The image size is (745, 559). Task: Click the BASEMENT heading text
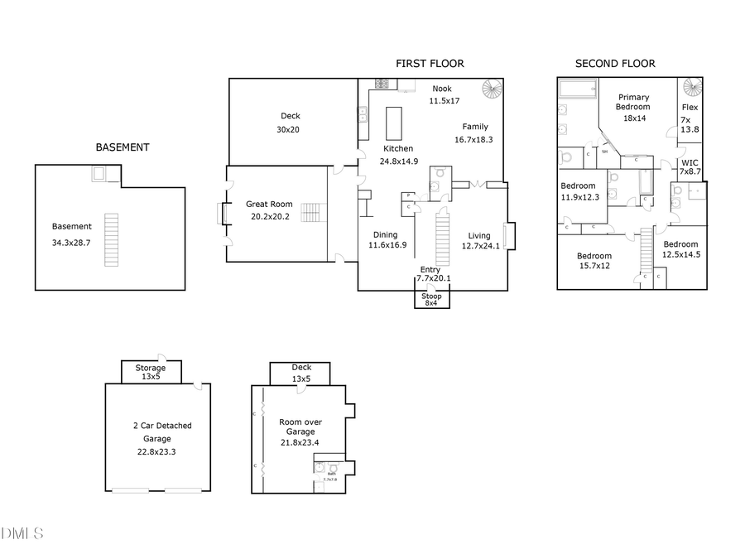point(123,147)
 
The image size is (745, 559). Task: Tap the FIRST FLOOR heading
point(430,64)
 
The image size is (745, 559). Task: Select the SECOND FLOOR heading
point(615,64)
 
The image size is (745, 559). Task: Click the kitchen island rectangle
point(394,123)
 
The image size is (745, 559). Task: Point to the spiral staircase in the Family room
point(493,89)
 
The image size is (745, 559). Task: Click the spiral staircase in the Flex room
point(692,88)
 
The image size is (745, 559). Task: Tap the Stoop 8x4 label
point(431,300)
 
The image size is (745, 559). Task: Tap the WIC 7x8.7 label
point(690,166)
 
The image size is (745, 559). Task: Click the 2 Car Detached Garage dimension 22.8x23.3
point(156,452)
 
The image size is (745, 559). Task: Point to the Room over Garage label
point(300,427)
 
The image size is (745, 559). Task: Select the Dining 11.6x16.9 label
point(387,239)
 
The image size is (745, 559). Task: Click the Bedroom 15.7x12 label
point(594,261)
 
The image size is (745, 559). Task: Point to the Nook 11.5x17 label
point(442,94)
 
